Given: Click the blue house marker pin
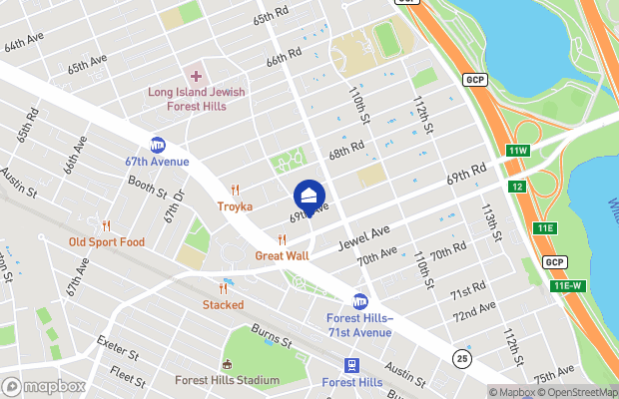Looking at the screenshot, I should (x=309, y=196).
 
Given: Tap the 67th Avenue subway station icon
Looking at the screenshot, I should (x=158, y=145).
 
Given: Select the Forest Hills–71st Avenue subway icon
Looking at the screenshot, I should (x=360, y=301).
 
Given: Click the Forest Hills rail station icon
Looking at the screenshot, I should (x=352, y=366).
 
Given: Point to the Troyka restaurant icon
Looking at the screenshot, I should (x=236, y=190).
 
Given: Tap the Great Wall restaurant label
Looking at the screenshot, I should (x=282, y=255).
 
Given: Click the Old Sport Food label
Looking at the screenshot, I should (x=106, y=242).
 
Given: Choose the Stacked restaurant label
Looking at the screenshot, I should (x=223, y=304).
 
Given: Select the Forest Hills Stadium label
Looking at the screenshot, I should (x=227, y=380).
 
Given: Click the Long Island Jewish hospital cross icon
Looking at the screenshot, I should (x=196, y=76).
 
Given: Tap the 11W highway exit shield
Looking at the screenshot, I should (x=516, y=151).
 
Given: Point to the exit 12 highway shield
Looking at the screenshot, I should (x=516, y=187).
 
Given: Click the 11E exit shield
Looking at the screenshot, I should (x=544, y=228).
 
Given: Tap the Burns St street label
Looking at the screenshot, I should (x=271, y=335).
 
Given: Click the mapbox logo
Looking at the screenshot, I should (x=44, y=386).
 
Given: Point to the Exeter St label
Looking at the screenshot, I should (x=117, y=348).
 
